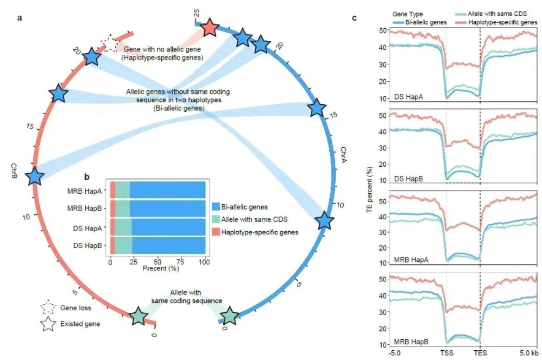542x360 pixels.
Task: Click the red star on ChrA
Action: [x=209, y=28]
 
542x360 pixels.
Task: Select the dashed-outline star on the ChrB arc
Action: [x=110, y=44]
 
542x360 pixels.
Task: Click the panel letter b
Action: [x=86, y=177]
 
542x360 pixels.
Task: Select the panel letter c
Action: [x=354, y=18]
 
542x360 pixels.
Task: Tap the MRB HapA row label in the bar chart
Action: [x=90, y=190]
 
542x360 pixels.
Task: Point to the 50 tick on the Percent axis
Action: [x=158, y=262]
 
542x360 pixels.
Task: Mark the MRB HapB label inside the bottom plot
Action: [x=411, y=342]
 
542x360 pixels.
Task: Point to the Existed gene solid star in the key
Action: [x=48, y=324]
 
